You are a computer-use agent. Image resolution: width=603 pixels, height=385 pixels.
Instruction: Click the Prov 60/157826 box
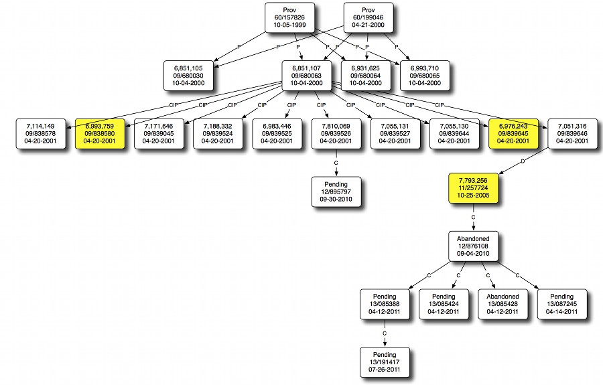[289, 17]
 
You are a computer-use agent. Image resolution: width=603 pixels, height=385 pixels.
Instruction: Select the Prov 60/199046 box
[368, 17]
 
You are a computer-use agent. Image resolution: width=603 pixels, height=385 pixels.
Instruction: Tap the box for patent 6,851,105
[188, 76]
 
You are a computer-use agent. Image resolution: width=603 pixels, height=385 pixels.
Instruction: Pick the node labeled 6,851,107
[306, 76]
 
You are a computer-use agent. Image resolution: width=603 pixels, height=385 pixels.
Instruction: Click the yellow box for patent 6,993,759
[100, 134]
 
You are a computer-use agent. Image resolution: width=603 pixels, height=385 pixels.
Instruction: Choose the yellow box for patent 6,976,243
[513, 134]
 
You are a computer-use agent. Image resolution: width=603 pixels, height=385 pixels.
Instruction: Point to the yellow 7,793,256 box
[474, 188]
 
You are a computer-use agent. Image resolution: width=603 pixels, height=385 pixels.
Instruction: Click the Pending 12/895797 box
[336, 191]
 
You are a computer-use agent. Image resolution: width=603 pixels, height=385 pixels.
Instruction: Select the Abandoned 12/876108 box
[474, 246]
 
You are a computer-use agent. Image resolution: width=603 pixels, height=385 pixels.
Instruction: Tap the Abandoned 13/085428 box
[503, 304]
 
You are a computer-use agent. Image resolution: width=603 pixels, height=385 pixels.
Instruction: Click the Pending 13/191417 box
[385, 362]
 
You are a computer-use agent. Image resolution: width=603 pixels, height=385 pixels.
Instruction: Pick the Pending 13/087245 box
[562, 304]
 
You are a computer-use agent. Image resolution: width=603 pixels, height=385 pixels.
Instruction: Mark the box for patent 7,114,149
[41, 134]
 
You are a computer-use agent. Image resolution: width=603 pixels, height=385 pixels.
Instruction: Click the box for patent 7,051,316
[572, 134]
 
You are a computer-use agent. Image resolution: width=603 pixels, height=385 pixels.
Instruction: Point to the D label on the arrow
[523, 162]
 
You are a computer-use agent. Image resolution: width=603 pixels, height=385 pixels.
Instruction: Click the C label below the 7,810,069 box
[336, 163]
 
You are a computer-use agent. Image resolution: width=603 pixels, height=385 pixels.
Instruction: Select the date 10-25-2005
[474, 196]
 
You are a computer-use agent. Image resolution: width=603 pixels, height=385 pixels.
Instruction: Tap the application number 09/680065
[425, 76]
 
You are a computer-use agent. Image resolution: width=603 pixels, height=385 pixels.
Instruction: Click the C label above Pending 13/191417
[385, 333]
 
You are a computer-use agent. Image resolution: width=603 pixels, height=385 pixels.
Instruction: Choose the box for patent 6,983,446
[277, 134]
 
